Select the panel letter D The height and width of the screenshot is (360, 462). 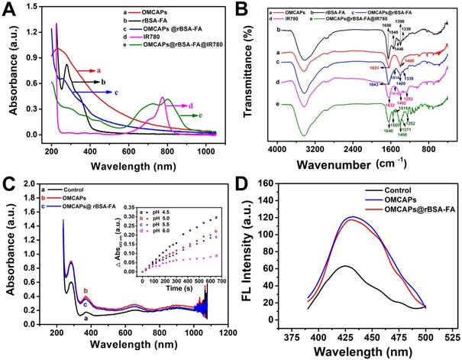[249, 186]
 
